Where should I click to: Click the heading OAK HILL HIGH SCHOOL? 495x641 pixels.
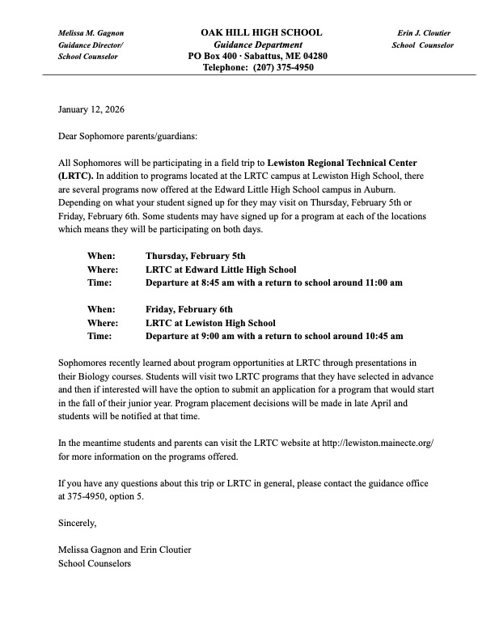(x=261, y=32)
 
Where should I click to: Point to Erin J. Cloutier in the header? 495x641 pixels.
(x=424, y=32)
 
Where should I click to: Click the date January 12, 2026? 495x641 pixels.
(x=91, y=108)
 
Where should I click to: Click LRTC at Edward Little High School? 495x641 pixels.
(x=221, y=270)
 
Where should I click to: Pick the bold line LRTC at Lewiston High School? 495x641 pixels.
(x=210, y=322)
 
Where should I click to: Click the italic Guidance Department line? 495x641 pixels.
(x=259, y=45)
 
